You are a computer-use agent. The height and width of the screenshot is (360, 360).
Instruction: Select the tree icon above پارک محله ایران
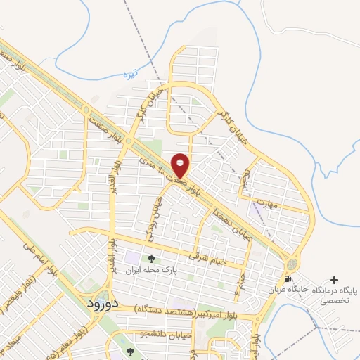pos(150,259)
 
